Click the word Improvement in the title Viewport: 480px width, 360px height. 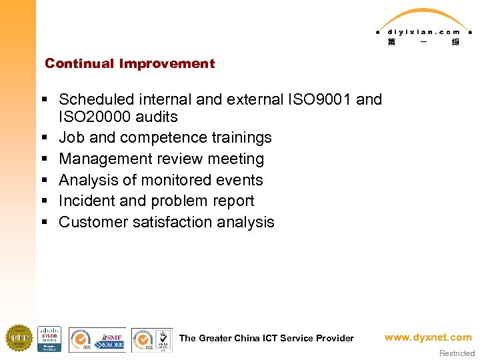(x=167, y=64)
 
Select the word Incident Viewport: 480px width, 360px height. (x=84, y=201)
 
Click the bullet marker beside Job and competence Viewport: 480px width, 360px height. (x=43, y=138)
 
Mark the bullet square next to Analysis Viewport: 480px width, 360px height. (x=43, y=180)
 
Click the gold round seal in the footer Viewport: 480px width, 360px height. (x=19, y=338)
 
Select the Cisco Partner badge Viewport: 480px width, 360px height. (x=49, y=339)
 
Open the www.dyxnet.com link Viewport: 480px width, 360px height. (x=428, y=337)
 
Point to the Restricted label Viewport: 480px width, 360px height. (x=457, y=353)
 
